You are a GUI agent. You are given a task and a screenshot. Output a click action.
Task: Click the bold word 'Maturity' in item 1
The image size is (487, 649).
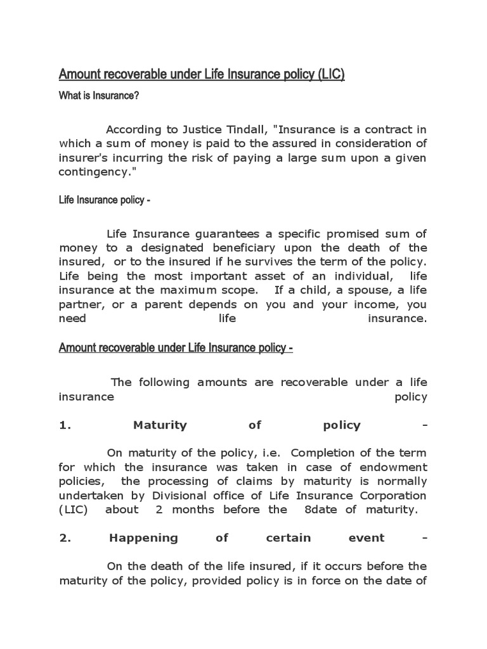click(x=160, y=425)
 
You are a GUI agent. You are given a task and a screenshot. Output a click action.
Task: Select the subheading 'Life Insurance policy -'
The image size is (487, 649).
click(x=105, y=201)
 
